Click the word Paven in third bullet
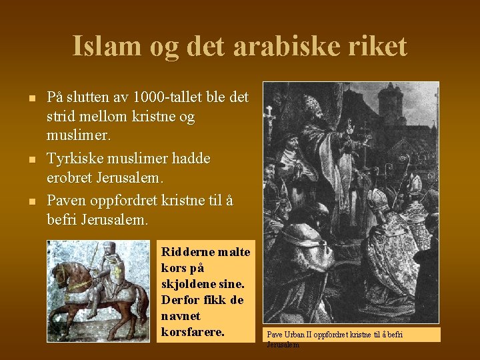click(67, 200)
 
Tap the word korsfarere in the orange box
click(191, 331)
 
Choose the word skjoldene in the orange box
click(188, 283)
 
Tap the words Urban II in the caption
click(295, 334)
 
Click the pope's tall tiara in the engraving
click(312, 105)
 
